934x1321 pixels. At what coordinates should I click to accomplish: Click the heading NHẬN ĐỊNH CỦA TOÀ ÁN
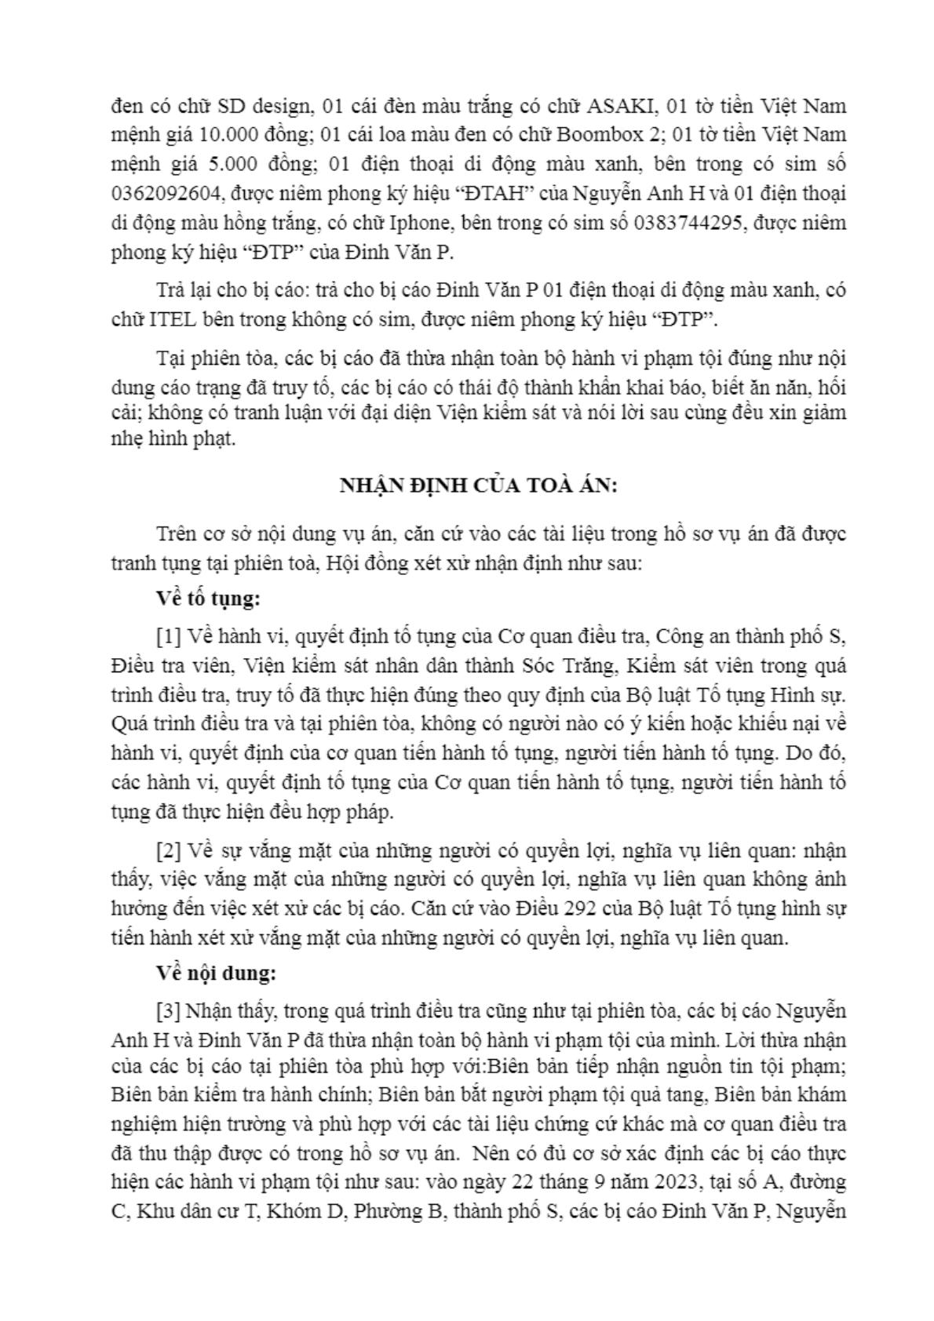[478, 486]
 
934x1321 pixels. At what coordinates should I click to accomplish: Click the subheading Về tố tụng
[208, 599]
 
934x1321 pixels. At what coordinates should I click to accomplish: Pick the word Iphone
[421, 223]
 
